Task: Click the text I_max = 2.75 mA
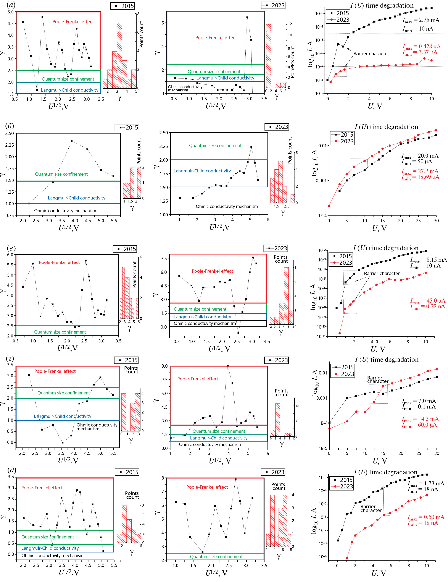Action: click(x=421, y=20)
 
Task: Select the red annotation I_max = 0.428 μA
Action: click(x=421, y=47)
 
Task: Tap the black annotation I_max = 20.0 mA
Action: click(x=420, y=156)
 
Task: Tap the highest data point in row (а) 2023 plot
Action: click(x=247, y=17)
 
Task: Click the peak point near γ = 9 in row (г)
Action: click(x=228, y=366)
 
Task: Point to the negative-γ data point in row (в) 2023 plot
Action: click(x=238, y=333)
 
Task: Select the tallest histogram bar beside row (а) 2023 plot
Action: click(x=269, y=56)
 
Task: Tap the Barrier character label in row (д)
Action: click(x=371, y=508)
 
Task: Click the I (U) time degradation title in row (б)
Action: click(x=386, y=127)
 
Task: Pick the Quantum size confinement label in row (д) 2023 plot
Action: click(x=216, y=557)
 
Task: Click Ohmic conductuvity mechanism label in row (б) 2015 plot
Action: click(x=65, y=211)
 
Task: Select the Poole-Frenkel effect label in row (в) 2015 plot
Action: click(x=59, y=263)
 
